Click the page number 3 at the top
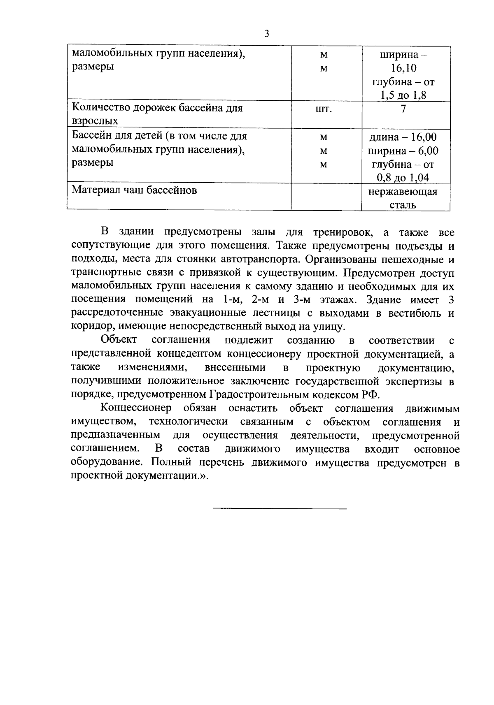(x=266, y=34)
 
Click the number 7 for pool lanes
(x=403, y=109)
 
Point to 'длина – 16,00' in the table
(x=403, y=137)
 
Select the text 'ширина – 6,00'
(x=403, y=151)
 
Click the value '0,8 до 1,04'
(x=403, y=178)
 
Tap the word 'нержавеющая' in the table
(x=403, y=191)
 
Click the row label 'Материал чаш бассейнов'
(x=134, y=190)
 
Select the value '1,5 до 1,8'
(x=403, y=96)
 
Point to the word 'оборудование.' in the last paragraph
(x=108, y=462)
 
